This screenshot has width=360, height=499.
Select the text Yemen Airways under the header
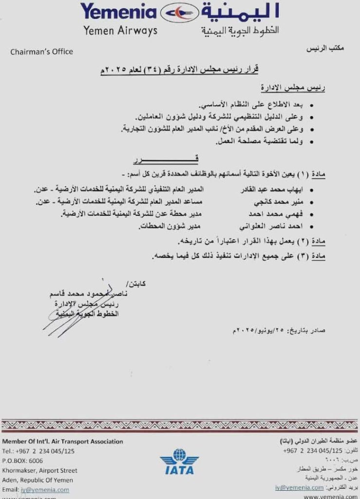click(x=120, y=31)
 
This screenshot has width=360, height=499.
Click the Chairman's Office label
click(x=41, y=52)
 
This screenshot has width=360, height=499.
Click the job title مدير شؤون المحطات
click(x=171, y=226)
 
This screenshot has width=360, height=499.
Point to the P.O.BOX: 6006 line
click(x=22, y=461)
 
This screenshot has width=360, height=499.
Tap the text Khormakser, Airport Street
click(x=39, y=470)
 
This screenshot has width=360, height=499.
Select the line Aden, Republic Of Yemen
click(x=38, y=480)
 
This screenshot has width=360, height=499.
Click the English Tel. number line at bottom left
click(x=38, y=451)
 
